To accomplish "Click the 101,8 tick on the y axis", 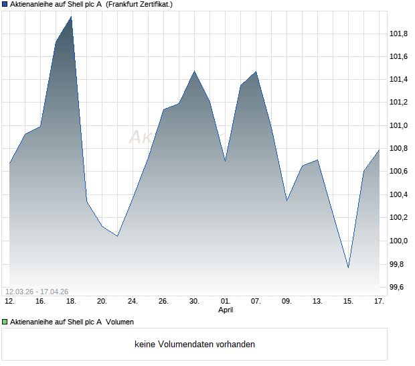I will click(399, 34).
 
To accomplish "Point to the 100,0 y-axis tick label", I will click(399, 241).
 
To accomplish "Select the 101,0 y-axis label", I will click(399, 125).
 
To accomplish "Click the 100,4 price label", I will click(399, 194).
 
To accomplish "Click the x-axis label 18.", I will click(71, 302).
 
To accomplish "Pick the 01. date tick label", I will click(226, 302).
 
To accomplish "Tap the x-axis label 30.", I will click(194, 302).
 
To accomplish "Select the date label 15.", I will click(348, 302).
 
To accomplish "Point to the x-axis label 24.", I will click(133, 302).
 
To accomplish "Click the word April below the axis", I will click(226, 310).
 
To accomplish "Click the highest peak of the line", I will click(71, 17).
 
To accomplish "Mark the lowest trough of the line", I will click(348, 267).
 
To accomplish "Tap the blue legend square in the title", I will click(5, 4).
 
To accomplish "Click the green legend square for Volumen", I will click(5, 322).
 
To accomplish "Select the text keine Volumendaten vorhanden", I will click(195, 345).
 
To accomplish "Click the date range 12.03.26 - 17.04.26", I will click(37, 292).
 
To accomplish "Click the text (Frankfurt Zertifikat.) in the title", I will click(139, 4).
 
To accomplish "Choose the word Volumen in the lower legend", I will click(120, 322).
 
